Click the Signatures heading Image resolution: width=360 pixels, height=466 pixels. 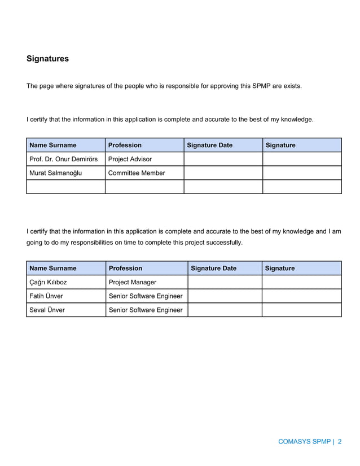click(x=47, y=59)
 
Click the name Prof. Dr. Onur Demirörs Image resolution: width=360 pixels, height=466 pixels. click(x=63, y=159)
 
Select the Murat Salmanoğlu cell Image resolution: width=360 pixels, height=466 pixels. click(x=55, y=173)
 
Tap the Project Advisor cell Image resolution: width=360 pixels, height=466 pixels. click(x=130, y=159)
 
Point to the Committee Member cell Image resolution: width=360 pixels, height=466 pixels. click(x=137, y=173)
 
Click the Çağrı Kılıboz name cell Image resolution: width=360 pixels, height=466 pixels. click(x=48, y=282)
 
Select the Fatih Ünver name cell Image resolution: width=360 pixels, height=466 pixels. click(x=46, y=296)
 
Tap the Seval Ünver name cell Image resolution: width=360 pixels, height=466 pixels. click(x=47, y=310)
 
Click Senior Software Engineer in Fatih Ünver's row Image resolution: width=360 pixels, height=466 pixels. click(x=146, y=296)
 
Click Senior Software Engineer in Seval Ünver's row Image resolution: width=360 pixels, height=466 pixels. click(x=146, y=310)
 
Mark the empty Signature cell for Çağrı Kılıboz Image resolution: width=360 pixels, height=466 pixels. click(x=301, y=282)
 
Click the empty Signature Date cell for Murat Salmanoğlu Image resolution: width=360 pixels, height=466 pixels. click(x=223, y=173)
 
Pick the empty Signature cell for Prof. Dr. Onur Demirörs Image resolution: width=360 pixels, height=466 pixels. click(x=302, y=159)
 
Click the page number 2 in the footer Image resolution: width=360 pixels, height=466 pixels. click(x=340, y=442)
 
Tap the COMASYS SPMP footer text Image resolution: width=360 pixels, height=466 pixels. click(x=304, y=442)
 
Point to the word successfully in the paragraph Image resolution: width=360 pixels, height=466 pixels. click(x=225, y=243)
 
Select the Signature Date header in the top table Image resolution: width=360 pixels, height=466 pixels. click(x=209, y=146)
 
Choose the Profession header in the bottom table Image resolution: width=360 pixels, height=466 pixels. click(x=125, y=269)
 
